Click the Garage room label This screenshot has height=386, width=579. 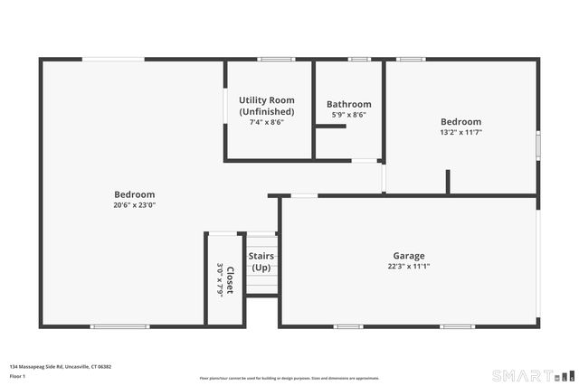tap(408, 256)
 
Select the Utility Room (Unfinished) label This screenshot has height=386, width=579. tap(266, 105)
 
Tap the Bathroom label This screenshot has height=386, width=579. tap(348, 104)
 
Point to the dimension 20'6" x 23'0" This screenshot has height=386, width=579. tap(134, 205)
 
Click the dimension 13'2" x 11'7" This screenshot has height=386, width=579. tap(460, 132)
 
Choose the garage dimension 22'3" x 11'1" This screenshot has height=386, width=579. tap(408, 267)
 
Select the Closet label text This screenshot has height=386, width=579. tap(230, 280)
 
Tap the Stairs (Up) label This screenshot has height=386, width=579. tap(261, 262)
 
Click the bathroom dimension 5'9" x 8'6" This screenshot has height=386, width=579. tap(348, 116)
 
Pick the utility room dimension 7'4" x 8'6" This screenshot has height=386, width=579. tap(266, 122)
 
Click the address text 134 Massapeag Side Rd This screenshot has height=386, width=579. tap(60, 367)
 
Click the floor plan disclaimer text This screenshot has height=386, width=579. tap(289, 378)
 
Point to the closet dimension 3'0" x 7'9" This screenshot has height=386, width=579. tap(219, 280)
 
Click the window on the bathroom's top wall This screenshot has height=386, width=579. tap(359, 60)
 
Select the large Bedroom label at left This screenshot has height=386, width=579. tap(134, 194)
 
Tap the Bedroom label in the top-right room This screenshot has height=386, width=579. tap(460, 121)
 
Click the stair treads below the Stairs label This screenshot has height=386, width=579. tap(261, 284)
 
